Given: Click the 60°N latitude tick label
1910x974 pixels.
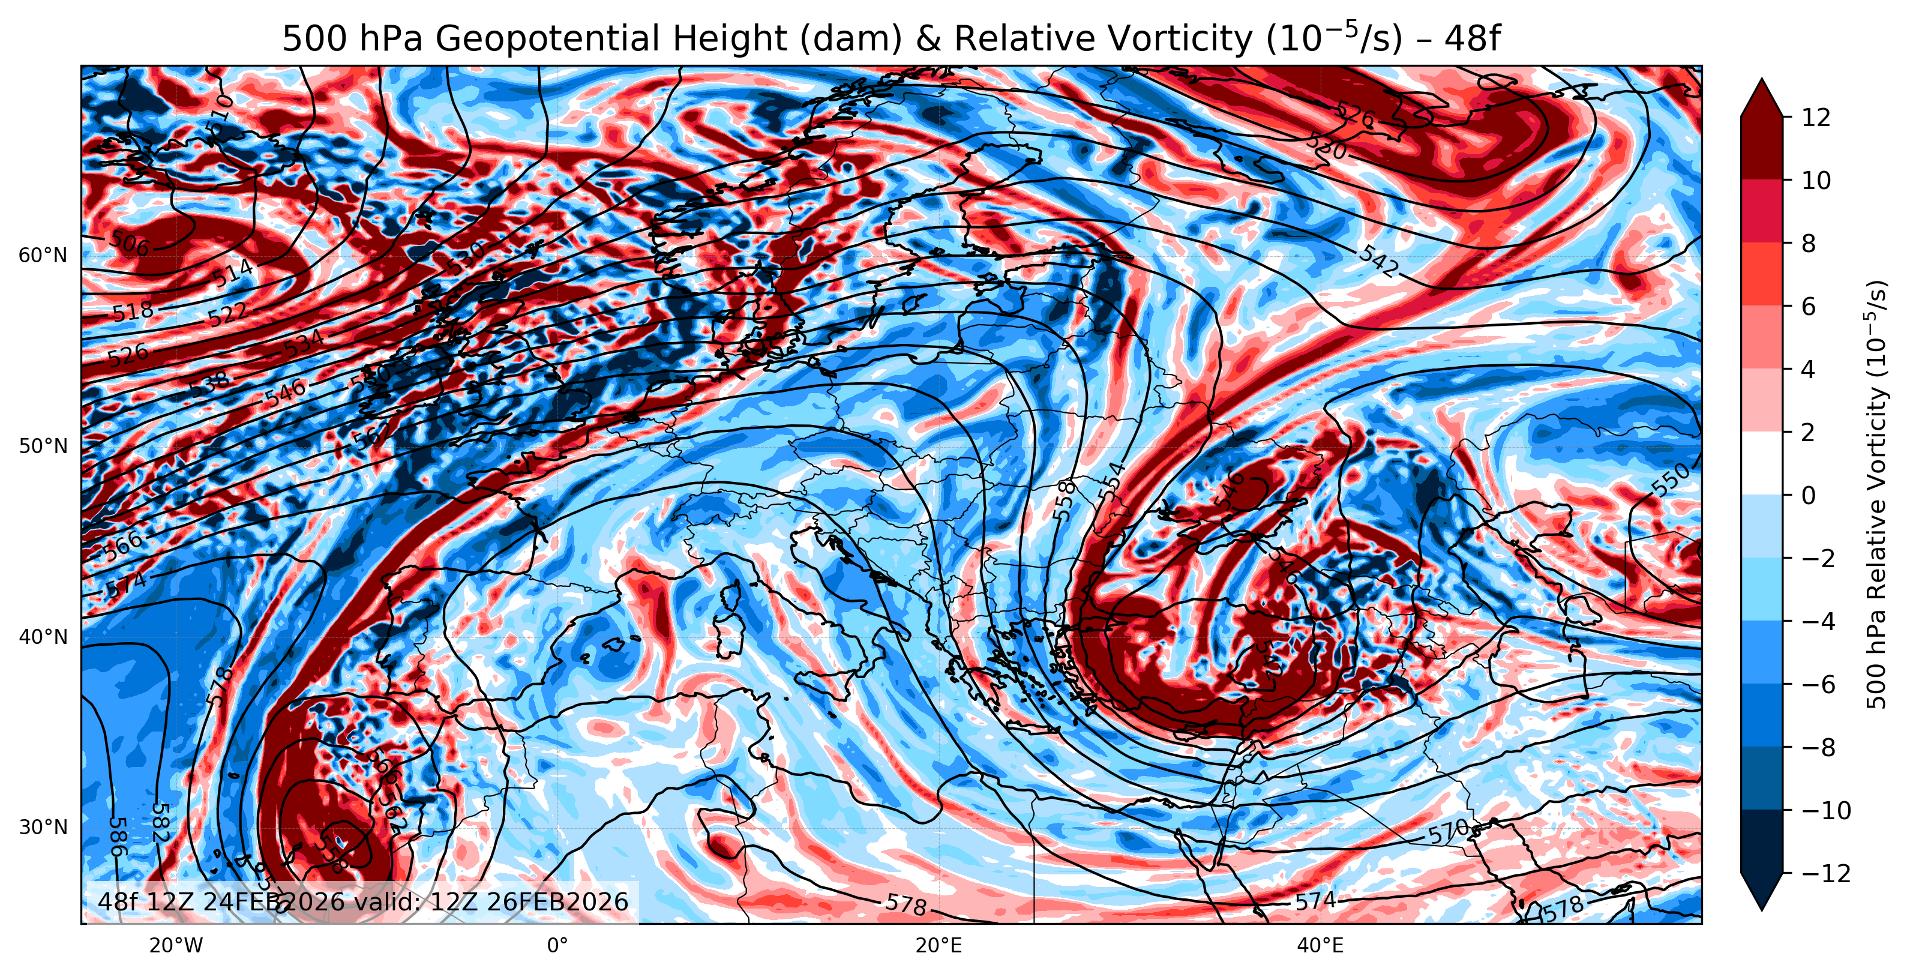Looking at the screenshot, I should coord(42,256).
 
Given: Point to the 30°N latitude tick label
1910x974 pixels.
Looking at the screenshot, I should coord(42,828).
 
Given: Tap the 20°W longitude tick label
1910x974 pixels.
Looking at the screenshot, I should coord(176,946).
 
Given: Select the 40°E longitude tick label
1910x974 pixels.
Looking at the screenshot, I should coord(1320,946).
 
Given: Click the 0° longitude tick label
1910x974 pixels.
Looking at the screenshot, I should coord(557,946).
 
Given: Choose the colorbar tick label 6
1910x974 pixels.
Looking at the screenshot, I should coord(1809,307).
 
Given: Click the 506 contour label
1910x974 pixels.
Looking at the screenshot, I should coord(129,242).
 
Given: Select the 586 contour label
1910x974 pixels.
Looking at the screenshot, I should coord(117,836).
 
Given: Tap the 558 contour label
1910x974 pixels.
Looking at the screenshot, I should coord(1064,499).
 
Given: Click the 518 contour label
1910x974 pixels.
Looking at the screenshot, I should coord(133,311).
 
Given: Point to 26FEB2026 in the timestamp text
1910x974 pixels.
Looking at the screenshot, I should coord(557,901).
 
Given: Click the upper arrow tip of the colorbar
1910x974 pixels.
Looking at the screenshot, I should coord(1761,80).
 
